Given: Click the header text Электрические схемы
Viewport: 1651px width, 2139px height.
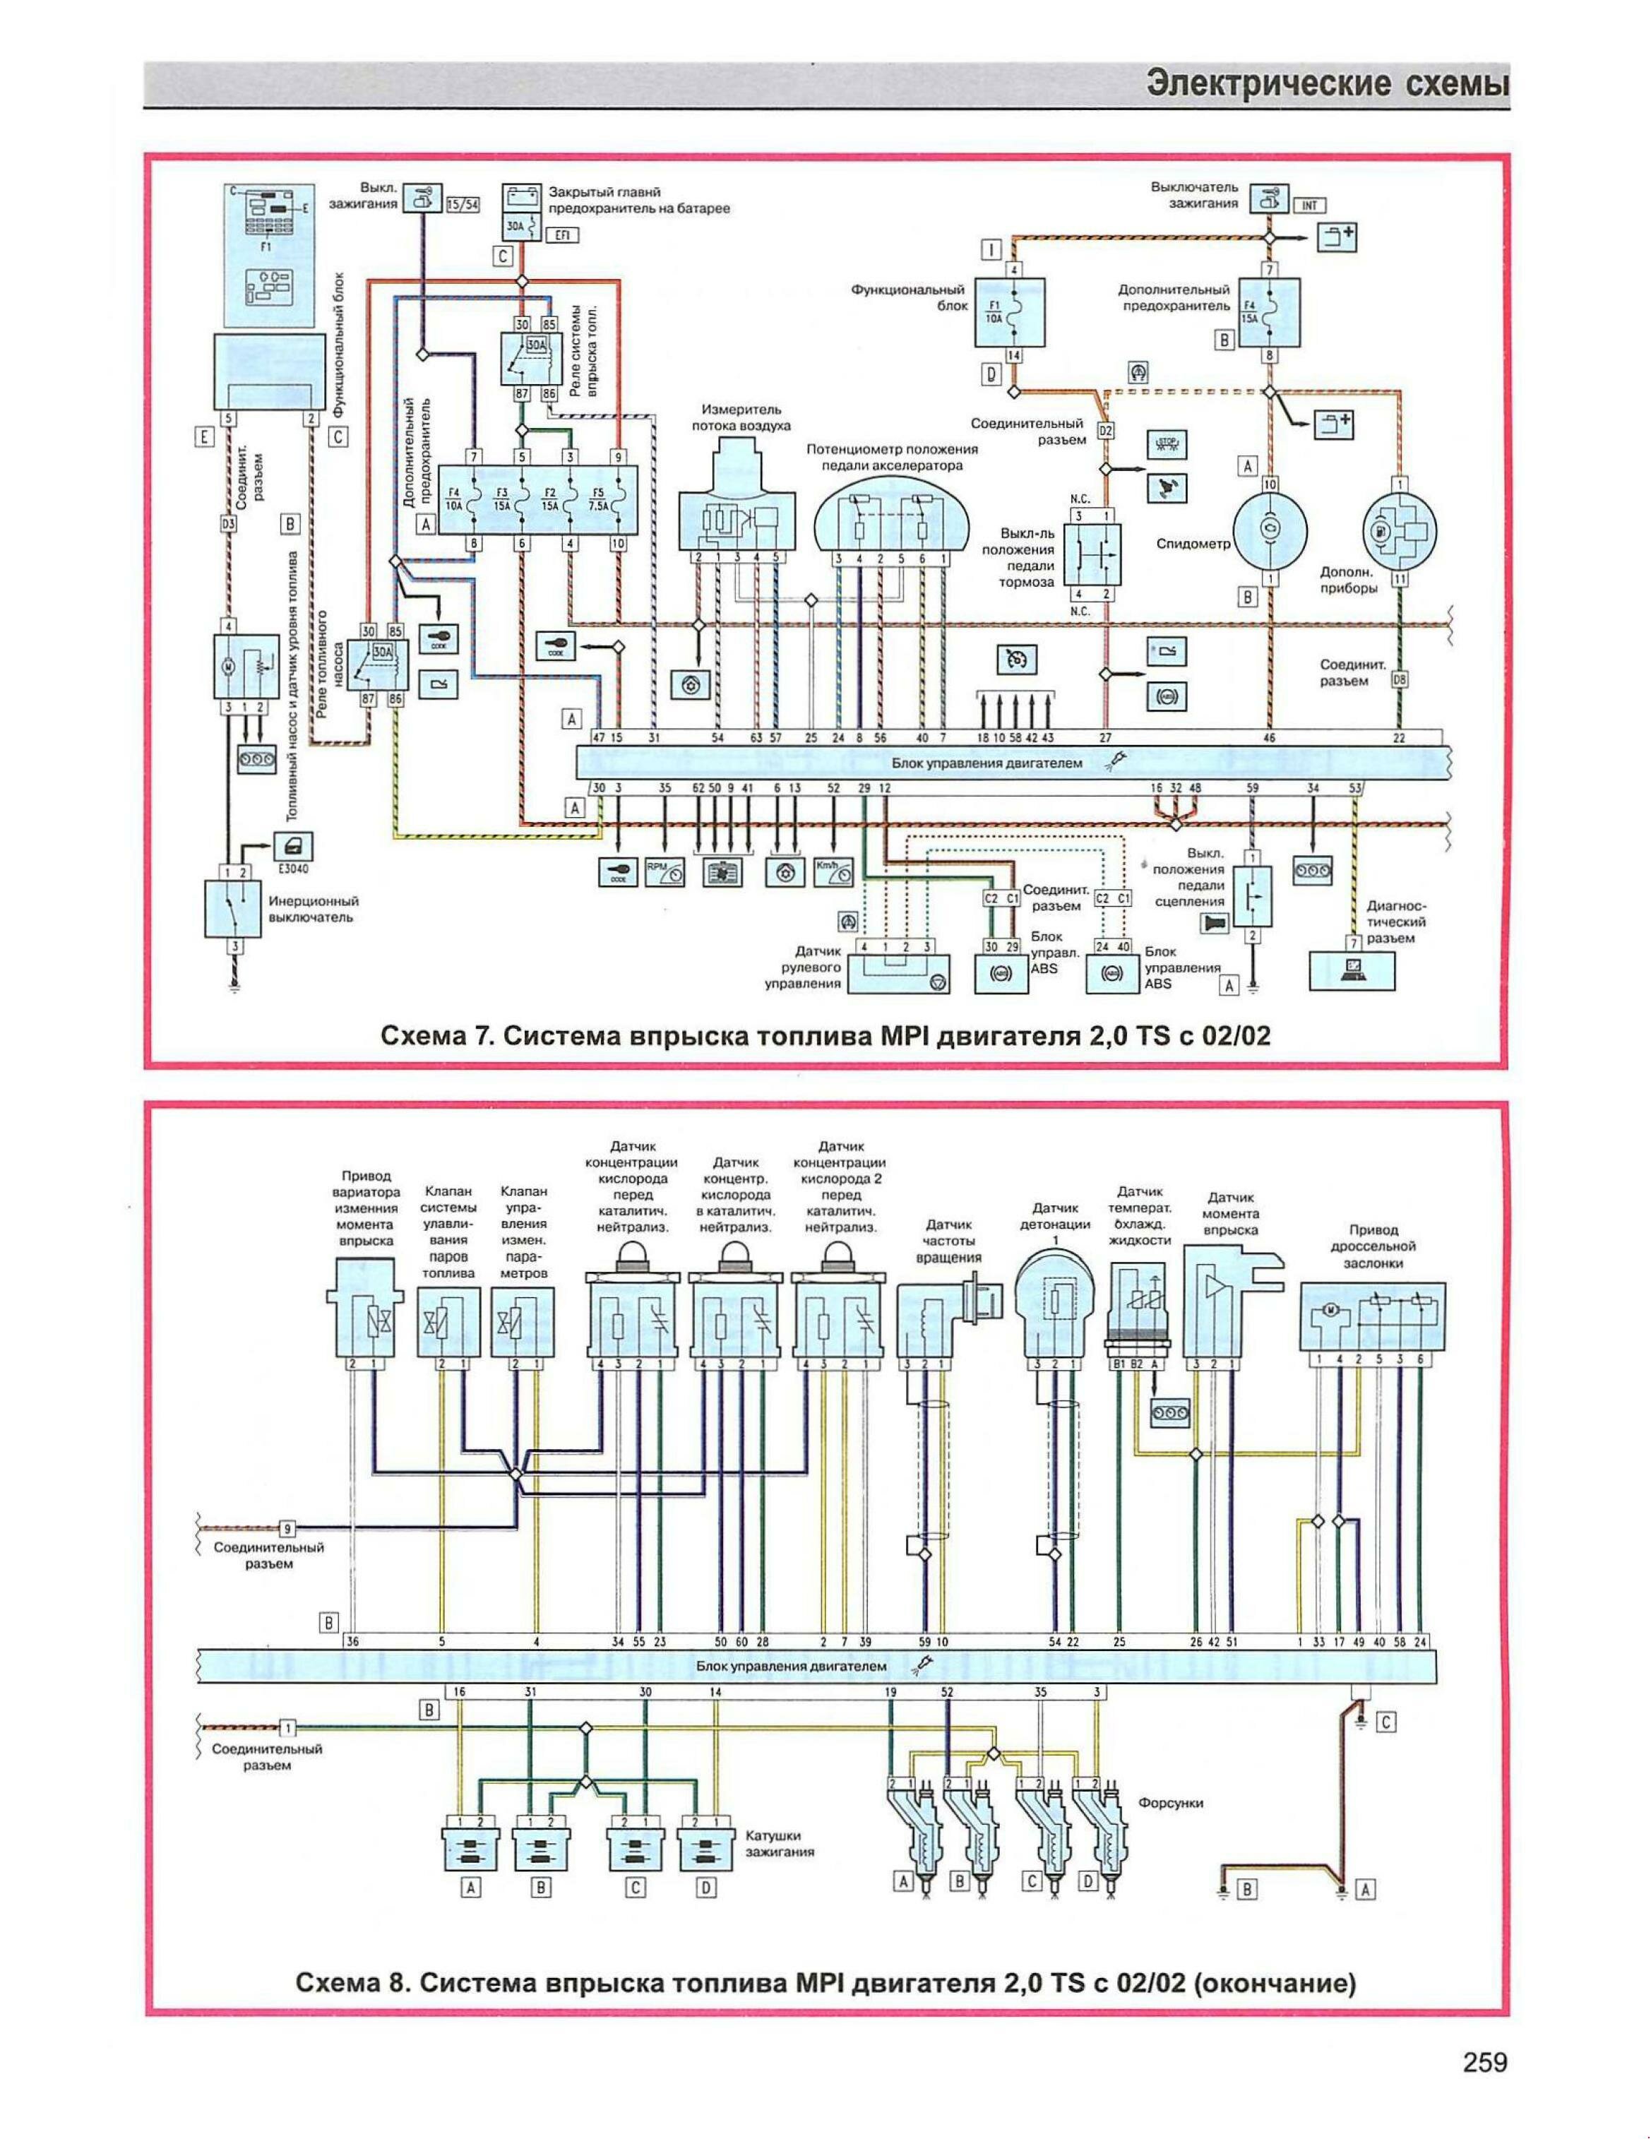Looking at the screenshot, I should (x=1327, y=83).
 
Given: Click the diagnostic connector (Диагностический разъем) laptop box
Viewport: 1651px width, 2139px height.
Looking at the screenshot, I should (x=1355, y=970).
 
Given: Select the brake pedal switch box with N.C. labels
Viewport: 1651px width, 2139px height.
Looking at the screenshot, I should (x=1092, y=554).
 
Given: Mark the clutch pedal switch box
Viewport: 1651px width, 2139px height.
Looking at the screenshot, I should (x=1251, y=895).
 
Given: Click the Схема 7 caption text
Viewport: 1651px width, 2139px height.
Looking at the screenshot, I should (x=825, y=1035).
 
